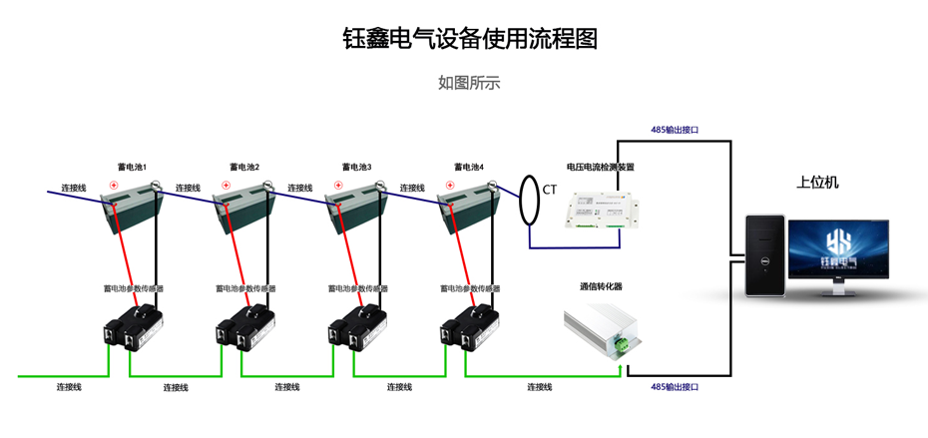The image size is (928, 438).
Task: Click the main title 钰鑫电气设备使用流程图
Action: point(469,39)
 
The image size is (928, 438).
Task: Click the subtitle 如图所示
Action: point(469,83)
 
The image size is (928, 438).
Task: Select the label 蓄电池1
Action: point(133,168)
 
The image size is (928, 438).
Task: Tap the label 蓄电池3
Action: point(356,168)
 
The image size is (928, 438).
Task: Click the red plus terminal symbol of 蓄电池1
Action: point(115,186)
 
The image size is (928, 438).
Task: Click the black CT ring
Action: point(529,200)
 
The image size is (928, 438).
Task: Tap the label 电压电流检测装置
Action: point(600,168)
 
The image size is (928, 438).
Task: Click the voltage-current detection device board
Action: point(600,212)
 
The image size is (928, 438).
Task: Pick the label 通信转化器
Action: point(601,286)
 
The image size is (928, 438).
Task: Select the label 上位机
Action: point(817,183)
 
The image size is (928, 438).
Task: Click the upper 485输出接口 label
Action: point(675,130)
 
